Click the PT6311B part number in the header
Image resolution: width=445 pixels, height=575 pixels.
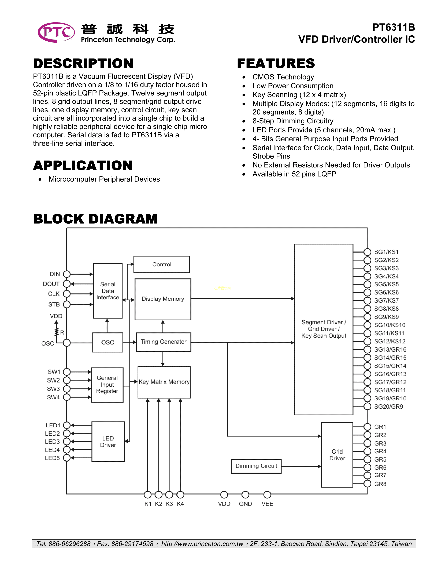393,27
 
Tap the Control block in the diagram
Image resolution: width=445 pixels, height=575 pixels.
162,264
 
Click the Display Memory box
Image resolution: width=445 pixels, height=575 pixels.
163,299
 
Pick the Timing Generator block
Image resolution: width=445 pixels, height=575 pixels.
164,342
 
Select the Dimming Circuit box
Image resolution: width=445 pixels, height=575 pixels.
256,466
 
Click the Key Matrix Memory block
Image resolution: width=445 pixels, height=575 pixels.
164,382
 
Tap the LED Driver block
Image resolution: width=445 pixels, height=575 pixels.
108,442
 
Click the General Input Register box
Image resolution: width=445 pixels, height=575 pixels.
107,385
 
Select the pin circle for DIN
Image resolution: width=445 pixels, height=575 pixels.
67,274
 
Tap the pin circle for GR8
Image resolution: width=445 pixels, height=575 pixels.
367,484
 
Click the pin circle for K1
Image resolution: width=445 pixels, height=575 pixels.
148,495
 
